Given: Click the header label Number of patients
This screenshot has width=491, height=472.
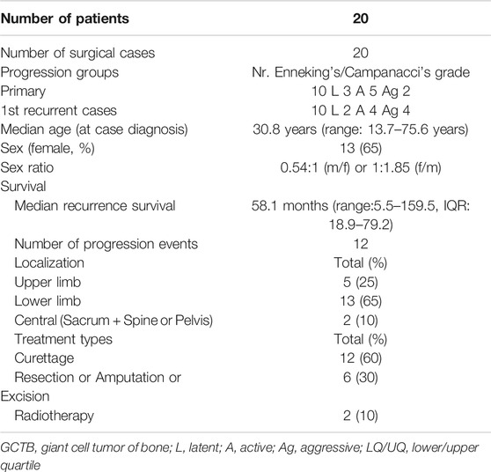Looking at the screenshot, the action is pos(65,18).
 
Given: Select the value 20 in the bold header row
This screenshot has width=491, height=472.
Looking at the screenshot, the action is pos(361,18).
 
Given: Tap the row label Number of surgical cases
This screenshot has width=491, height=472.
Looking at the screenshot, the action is pos(77,53).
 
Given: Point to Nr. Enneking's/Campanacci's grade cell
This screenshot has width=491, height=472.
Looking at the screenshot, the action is pos(361,72).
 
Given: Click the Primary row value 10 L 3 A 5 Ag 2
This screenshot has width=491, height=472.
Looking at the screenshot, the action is pos(361,92).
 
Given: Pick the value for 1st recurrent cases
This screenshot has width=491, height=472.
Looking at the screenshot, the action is pos(361,110).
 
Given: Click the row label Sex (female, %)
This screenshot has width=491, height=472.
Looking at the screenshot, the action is pos(48,148).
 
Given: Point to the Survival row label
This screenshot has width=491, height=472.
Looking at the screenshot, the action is pos(24,187).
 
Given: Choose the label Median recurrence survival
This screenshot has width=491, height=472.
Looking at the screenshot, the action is pos(95,206).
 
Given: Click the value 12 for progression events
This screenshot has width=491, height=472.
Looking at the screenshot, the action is pos(361,244).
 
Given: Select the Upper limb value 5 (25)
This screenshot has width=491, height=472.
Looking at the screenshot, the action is pos(361,282).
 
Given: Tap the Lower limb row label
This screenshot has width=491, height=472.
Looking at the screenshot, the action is pos(48,301).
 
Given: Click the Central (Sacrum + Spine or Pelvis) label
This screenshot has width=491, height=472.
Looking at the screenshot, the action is pos(114,321).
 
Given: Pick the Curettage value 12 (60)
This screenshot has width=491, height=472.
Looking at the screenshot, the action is pos(361,358).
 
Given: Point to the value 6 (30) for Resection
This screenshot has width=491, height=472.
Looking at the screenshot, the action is pos(361,378).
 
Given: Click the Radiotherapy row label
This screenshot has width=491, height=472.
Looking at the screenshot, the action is pos(55,416).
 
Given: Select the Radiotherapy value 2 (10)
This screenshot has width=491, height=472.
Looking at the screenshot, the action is pos(361,416).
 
